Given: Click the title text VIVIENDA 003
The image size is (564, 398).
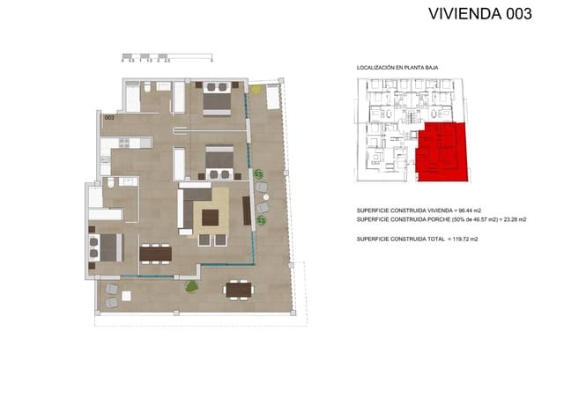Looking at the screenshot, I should (479, 14).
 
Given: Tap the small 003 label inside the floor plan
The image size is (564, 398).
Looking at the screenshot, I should (109, 117).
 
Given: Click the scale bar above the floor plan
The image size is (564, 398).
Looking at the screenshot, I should (167, 56).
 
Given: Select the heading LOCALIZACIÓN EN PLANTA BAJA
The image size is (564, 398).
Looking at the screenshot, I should (397, 68).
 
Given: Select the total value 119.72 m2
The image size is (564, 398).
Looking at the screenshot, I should (468, 239).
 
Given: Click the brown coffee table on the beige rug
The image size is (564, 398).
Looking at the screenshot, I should (211, 217).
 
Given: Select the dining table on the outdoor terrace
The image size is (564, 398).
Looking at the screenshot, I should (237, 288).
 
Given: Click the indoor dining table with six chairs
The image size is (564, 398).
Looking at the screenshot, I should (155, 254).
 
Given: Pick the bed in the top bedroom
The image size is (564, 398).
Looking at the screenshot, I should (217, 99).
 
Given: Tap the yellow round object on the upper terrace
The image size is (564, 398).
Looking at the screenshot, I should (256, 89).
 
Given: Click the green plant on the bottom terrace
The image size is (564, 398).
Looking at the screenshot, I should (190, 286).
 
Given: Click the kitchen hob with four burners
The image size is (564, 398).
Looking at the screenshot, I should (123, 143).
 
